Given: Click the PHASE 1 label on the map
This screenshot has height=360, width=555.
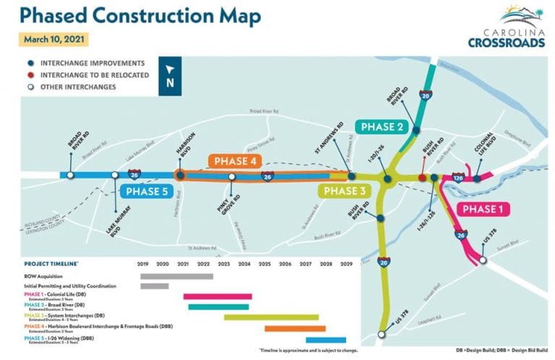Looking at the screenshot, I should tap(485, 210).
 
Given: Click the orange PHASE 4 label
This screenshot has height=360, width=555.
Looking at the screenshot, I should tap(236, 160).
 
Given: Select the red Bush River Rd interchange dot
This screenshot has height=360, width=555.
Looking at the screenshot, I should tap(422, 177).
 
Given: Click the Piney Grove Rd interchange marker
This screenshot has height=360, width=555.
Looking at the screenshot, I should tap(232, 176).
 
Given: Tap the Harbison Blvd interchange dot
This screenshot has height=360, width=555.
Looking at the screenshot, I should tap(180, 175).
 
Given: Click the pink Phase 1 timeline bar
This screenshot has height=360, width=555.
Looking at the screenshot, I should tap(218, 296).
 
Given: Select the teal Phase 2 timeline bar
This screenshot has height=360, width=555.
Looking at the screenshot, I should tap(218, 307).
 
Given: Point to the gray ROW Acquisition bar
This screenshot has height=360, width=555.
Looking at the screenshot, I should tap(176, 275).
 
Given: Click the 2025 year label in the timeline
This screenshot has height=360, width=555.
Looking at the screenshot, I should tap(264, 264).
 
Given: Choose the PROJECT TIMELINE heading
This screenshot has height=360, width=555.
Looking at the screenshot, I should tap(51, 264).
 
